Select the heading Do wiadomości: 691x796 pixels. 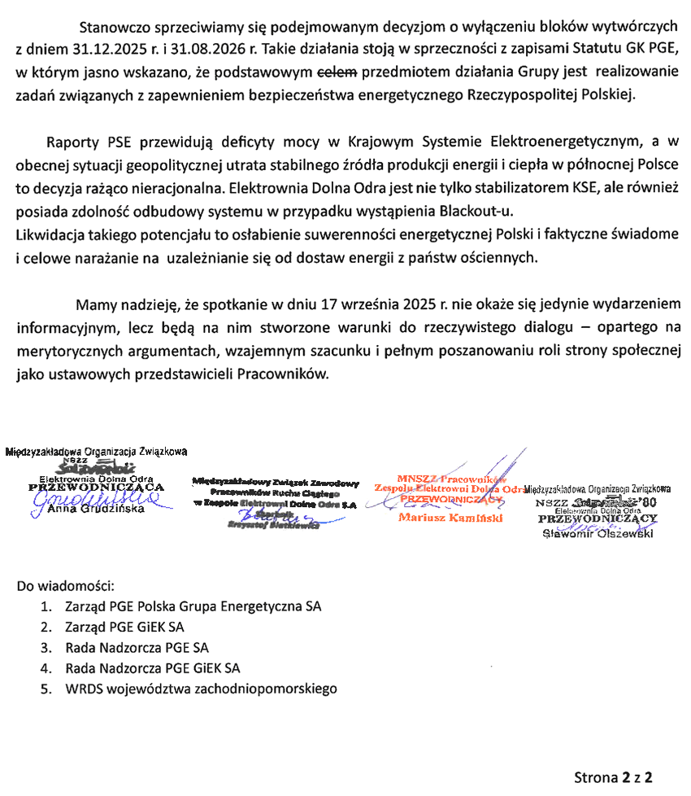tap(66, 585)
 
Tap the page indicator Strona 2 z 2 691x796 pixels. tap(614, 776)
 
